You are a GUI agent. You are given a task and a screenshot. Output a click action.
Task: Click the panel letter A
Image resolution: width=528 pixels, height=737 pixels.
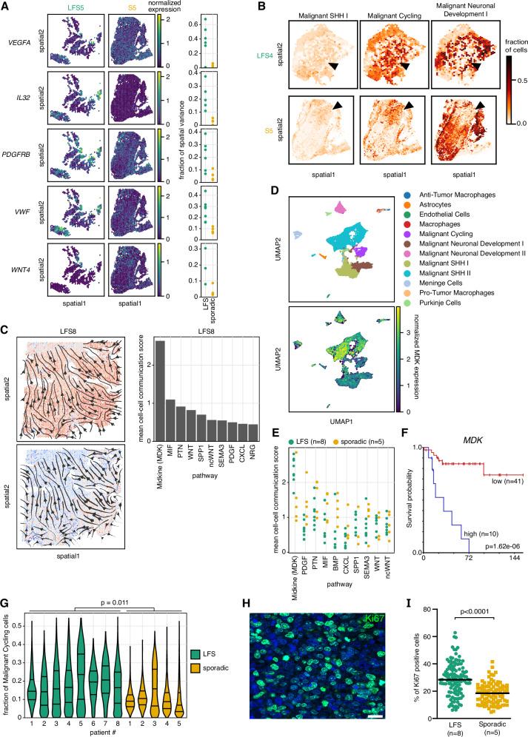coord(7,6)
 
